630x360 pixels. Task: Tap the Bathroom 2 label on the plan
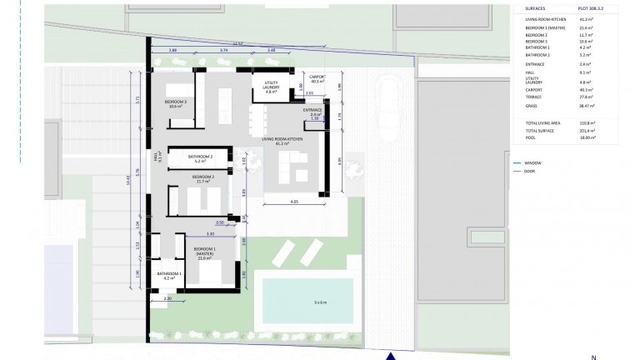click(x=201, y=157)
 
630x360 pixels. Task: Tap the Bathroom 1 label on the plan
click(x=169, y=275)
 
